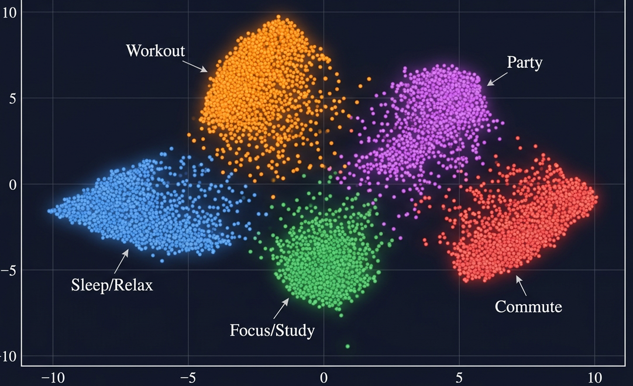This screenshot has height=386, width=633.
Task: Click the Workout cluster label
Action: tap(155, 50)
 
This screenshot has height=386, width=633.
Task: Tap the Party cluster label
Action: tap(524, 62)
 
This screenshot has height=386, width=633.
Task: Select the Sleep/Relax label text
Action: tap(112, 285)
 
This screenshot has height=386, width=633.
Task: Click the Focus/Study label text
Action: tap(272, 330)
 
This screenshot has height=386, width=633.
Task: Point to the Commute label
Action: tap(528, 306)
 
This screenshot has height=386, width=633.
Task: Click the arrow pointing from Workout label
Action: tap(197, 66)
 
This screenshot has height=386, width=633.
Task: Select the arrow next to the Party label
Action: tap(497, 78)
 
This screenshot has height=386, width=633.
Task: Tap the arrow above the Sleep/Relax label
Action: tap(121, 261)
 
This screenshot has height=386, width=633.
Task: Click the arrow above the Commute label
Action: tap(521, 285)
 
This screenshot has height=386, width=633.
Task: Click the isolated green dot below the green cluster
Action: tap(348, 347)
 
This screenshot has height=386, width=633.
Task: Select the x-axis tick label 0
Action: tap(324, 377)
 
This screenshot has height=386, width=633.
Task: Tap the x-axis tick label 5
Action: tap(459, 377)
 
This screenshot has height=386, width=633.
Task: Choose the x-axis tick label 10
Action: tap(594, 377)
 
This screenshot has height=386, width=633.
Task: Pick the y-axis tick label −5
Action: tap(10, 270)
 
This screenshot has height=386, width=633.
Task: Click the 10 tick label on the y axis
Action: tap(10, 12)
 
